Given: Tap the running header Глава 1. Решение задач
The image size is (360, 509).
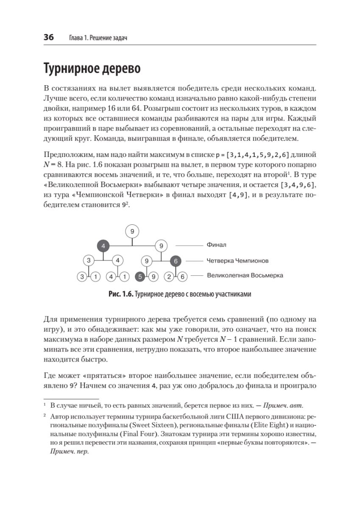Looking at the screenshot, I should tap(98, 38).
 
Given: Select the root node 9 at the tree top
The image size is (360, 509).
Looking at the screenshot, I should tap(132, 231).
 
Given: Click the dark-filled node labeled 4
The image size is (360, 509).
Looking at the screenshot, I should tap(103, 245).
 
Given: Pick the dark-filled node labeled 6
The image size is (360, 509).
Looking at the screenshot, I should tap(176, 261).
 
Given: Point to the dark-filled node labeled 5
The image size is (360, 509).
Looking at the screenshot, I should tap(140, 277).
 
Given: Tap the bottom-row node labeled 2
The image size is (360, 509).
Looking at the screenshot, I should tap(169, 277).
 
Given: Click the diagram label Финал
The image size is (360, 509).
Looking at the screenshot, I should tap(216, 245).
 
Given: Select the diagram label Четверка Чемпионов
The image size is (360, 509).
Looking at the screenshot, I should tap(237, 260).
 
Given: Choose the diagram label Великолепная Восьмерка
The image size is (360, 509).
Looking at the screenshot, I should tap(245, 275).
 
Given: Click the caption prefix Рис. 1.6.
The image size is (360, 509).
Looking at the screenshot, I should tap(120, 295).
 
